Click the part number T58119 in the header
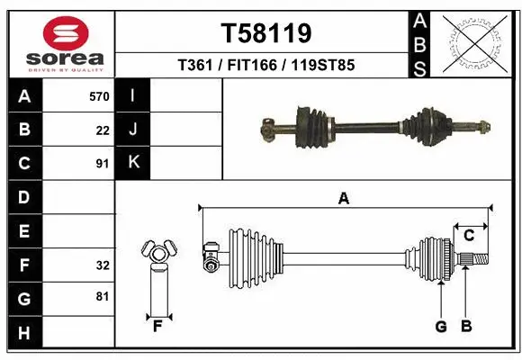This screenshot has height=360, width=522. pos(266,33)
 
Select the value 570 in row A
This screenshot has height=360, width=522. pos(99,96)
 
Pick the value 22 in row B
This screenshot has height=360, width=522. pos(103,130)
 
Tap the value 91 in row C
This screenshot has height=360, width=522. pos(103,164)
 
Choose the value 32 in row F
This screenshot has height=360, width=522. pos(103,265)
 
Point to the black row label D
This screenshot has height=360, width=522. pos(23,197)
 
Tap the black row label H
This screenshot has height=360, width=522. pos(23,333)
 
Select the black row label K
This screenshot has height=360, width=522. pos(133,163)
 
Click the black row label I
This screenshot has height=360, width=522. pos(133,95)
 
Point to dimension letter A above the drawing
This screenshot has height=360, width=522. pos(343,199)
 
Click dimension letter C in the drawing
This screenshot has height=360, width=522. pos(469,236)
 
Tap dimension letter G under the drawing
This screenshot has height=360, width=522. pos(441,327)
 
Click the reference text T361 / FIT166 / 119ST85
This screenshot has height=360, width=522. pos(266,65)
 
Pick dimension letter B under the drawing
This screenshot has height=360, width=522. pos(465,327)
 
